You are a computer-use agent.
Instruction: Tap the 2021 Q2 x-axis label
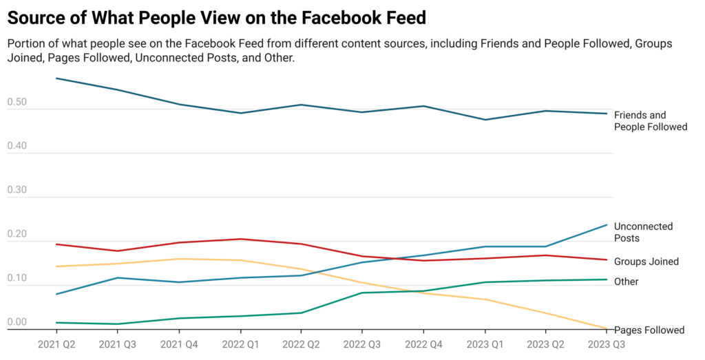click(x=56, y=342)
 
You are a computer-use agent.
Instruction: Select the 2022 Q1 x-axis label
click(x=240, y=342)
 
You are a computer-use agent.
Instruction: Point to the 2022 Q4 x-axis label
click(x=423, y=342)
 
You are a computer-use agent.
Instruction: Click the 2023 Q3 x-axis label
click(x=606, y=342)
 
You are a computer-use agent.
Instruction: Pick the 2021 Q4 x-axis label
click(x=179, y=342)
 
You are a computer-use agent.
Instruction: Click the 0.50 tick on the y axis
click(x=17, y=103)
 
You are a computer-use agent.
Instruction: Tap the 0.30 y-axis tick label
click(x=17, y=191)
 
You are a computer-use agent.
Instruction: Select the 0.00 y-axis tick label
click(x=17, y=322)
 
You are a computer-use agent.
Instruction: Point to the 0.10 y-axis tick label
click(x=17, y=279)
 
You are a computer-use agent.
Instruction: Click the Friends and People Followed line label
click(x=650, y=121)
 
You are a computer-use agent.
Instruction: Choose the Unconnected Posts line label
click(x=643, y=232)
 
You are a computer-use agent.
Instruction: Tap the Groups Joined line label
click(x=646, y=262)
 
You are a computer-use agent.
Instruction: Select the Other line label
click(x=626, y=282)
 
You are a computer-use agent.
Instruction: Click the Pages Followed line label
click(x=649, y=330)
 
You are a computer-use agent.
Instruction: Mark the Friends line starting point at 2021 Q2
click(x=56, y=78)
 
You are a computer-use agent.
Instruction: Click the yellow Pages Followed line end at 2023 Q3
click(x=606, y=328)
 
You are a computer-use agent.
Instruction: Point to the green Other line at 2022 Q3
click(x=362, y=293)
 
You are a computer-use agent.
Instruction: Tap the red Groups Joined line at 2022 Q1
click(x=240, y=239)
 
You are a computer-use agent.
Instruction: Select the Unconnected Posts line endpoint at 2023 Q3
click(x=606, y=225)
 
